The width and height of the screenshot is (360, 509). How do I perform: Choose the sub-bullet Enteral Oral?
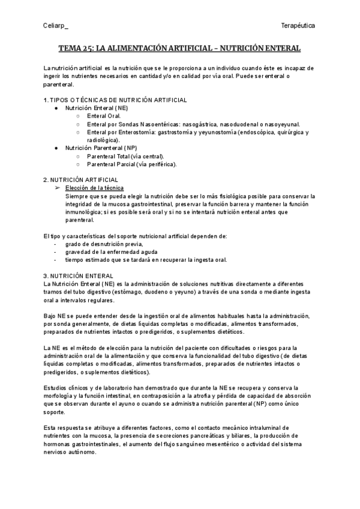tap(104, 116)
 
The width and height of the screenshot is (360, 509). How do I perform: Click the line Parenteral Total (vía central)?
tap(125, 156)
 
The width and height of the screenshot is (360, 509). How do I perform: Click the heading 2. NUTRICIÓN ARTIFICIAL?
tap(82, 180)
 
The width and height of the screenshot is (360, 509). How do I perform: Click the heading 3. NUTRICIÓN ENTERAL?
tap(75, 275)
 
